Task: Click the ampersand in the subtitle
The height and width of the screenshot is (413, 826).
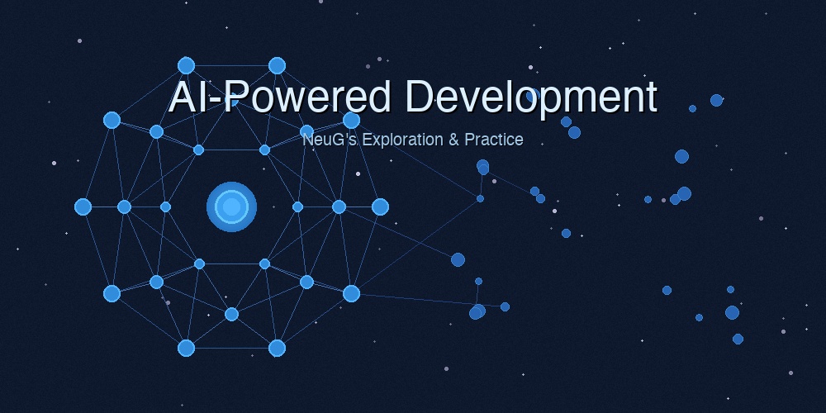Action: point(453,140)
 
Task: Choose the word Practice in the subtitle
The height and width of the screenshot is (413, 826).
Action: point(493,140)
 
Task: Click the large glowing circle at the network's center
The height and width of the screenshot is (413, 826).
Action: point(231,206)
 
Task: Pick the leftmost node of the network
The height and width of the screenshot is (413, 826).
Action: point(83,206)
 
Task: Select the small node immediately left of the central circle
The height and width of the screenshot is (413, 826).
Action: point(165,206)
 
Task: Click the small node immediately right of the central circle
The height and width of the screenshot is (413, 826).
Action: point(297,206)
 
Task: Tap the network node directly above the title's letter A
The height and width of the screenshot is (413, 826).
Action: point(186,65)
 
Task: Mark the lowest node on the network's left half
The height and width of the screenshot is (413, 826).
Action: point(186,348)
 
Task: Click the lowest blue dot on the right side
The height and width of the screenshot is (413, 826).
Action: point(738,339)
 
